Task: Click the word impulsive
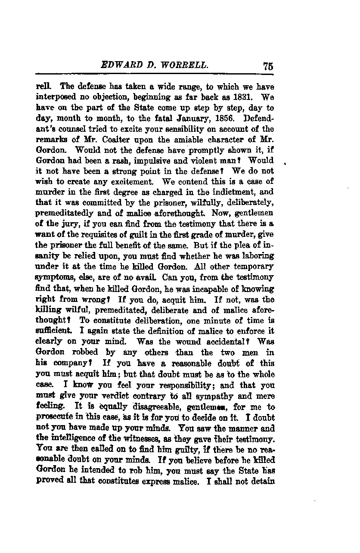click(141, 160)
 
